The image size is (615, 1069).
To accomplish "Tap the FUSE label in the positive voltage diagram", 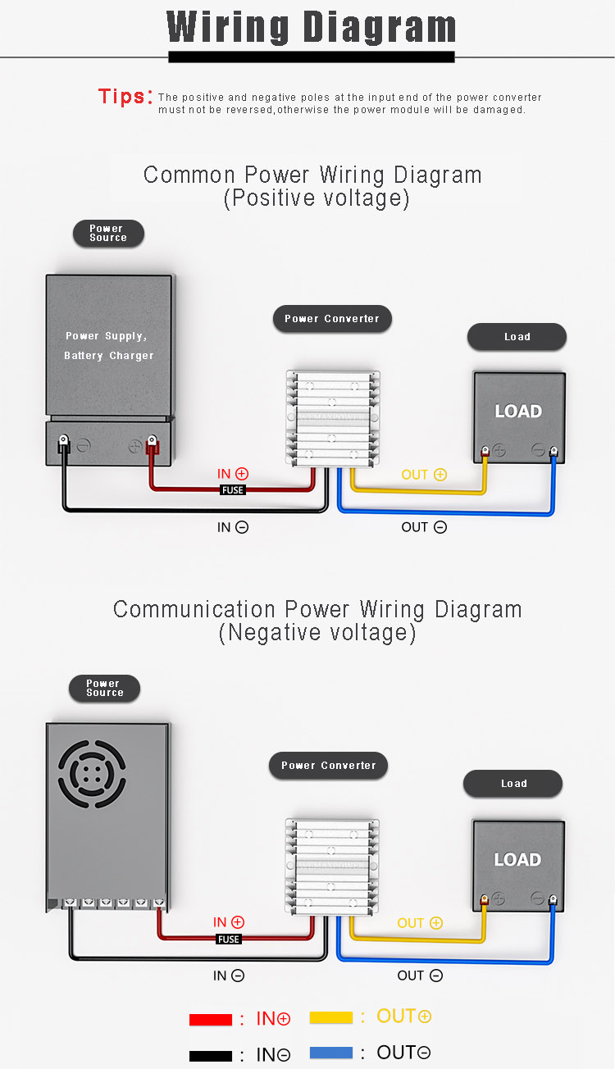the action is point(233,490).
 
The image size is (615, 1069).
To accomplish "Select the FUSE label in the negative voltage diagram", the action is point(229,939).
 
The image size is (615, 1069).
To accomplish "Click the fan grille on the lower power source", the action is point(92,774).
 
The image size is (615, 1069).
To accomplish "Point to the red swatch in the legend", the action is point(211,1019).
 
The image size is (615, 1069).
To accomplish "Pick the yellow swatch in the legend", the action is point(331,1017).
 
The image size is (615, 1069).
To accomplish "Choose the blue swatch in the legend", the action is point(331,1053).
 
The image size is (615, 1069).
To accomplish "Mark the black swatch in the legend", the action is point(211,1056).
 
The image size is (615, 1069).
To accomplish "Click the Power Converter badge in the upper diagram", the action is point(332,318).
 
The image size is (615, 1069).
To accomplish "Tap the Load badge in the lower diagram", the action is point(512,783).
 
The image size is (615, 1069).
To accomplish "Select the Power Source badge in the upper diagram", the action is point(108,234).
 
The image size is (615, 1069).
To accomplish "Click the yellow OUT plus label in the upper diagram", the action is point(424,475).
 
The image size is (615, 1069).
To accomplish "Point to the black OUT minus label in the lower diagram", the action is point(420,976).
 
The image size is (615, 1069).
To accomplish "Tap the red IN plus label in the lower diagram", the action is point(229,922).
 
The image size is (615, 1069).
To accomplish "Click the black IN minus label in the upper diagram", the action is point(233,527).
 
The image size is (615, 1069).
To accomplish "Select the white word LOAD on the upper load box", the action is point(518,411).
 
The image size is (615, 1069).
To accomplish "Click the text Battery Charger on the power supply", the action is point(109,356).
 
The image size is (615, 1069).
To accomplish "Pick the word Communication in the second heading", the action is point(194,609).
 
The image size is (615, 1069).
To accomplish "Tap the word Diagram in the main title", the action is point(380,28).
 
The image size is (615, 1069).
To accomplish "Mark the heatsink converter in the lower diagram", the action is point(332,867).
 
